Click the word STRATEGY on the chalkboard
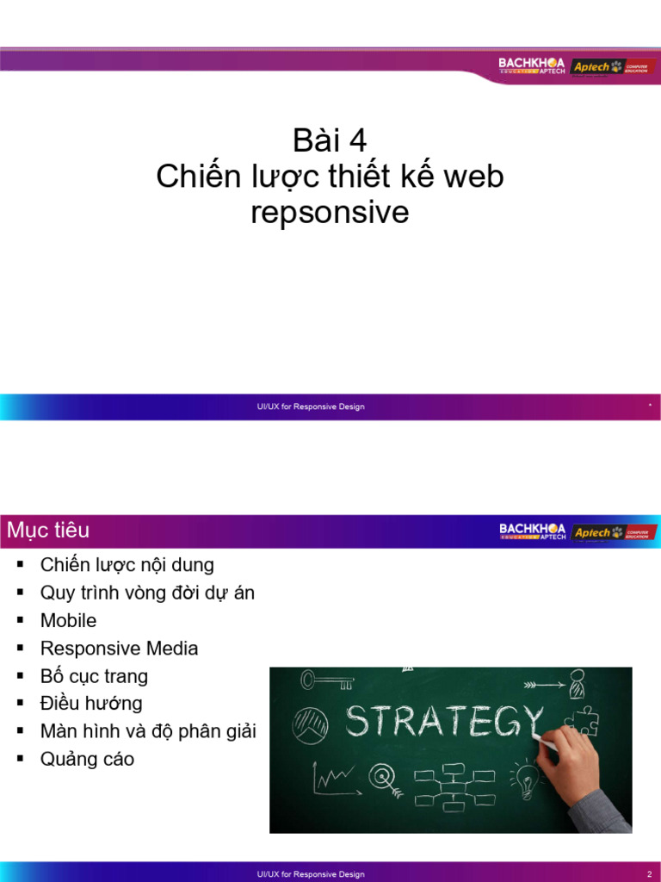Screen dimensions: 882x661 tap(443, 720)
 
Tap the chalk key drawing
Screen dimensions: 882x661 tap(326, 681)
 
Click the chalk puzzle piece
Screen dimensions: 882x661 tap(585, 720)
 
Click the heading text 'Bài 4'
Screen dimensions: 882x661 tap(330, 140)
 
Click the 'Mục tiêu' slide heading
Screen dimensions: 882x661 tap(48, 530)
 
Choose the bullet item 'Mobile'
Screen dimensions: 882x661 tap(68, 620)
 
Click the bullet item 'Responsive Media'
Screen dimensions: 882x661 tap(119, 648)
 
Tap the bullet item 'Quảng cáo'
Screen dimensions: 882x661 tap(87, 759)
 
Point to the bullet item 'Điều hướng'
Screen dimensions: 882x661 tap(91, 703)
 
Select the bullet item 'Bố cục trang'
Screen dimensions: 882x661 tap(94, 675)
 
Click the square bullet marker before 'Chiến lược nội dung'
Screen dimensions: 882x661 tap(20, 565)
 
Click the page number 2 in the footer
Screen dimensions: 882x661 tap(650, 873)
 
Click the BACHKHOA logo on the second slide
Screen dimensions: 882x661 tap(532, 531)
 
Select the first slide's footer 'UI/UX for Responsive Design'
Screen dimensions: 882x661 tap(311, 407)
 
